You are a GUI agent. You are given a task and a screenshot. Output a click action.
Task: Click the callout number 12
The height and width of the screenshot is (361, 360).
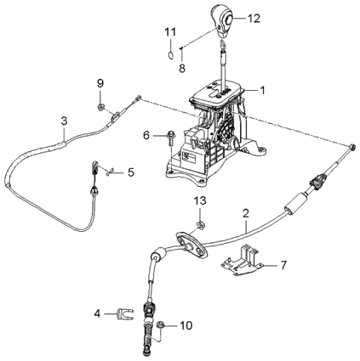coord(255,18)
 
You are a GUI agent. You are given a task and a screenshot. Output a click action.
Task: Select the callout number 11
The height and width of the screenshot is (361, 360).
coord(169,32)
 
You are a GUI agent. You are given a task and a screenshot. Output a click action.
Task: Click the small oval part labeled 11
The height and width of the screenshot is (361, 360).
coord(170,53)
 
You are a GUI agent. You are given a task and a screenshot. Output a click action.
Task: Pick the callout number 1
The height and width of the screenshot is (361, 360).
coord(262,90)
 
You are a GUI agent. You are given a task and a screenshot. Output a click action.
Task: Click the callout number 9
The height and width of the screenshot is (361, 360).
coord(100,82)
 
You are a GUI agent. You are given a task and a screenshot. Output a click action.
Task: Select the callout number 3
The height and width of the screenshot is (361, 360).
coord(64,120)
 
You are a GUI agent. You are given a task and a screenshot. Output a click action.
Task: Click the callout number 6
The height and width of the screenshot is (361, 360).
coord(147,135)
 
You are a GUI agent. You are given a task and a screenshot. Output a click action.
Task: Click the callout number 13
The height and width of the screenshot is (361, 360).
coord(199,201)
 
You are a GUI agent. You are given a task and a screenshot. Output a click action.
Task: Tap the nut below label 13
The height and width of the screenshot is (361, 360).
coord(199,224)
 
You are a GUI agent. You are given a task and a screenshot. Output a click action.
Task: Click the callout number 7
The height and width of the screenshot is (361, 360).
coord(283,266)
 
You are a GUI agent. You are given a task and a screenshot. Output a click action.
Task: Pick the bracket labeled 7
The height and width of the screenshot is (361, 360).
coord(242,262)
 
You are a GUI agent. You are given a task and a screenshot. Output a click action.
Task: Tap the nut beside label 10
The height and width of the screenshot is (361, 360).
coord(161,325)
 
